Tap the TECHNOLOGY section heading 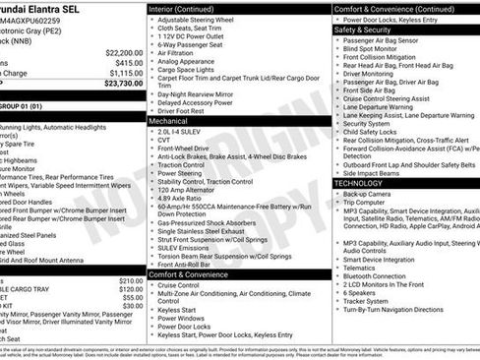point(365,183)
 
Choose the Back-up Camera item point(371,194)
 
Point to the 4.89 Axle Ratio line point(184,199)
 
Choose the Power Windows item point(184,318)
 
